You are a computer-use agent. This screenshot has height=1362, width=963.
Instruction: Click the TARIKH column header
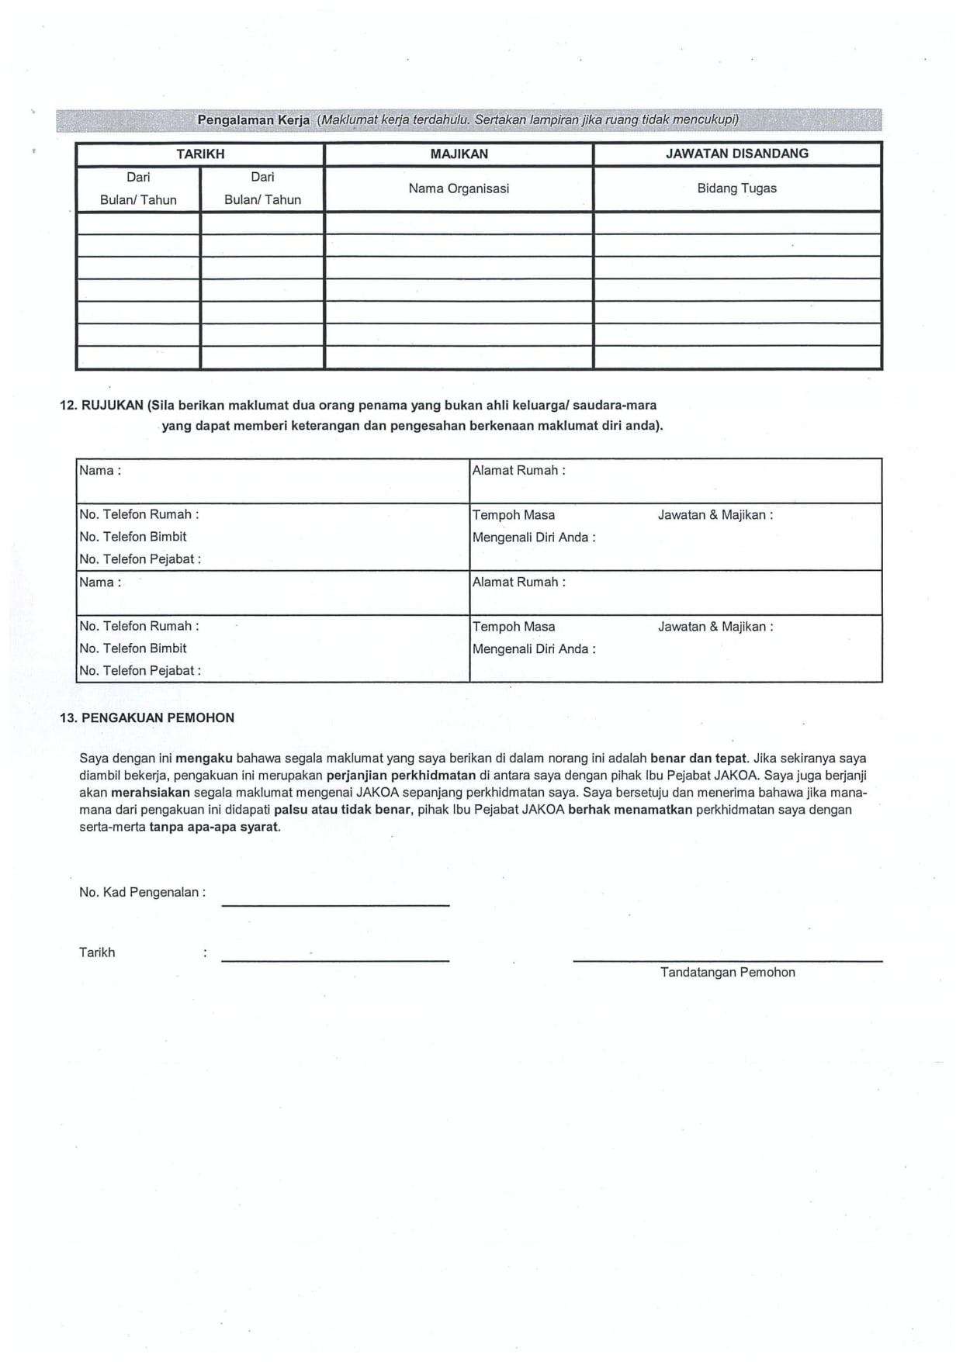[200, 154]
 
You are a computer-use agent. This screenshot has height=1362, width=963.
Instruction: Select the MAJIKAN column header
[459, 154]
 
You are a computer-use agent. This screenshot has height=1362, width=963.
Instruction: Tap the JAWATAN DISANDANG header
[736, 154]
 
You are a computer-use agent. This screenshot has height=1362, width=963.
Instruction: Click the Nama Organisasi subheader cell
[459, 188]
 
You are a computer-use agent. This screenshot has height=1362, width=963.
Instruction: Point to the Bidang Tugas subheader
[736, 188]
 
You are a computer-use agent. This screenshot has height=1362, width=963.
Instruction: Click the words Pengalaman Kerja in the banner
[254, 120]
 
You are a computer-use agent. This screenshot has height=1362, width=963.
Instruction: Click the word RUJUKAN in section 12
[113, 405]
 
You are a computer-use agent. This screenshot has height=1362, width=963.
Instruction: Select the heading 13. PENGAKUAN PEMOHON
[147, 717]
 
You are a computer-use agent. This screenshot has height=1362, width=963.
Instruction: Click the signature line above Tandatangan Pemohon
[727, 960]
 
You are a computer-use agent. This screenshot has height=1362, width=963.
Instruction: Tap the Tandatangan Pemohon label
[727, 973]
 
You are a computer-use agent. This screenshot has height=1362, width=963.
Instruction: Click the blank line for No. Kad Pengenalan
[335, 904]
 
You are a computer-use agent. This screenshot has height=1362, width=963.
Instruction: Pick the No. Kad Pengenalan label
[142, 893]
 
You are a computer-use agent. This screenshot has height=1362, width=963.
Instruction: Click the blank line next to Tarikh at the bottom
[335, 960]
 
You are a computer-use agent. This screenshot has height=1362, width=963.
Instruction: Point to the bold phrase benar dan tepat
[698, 759]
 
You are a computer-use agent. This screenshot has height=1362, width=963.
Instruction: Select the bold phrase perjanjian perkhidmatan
[400, 776]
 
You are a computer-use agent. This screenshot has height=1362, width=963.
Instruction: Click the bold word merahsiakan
[150, 793]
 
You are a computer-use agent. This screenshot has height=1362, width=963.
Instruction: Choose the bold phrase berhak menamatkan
[629, 810]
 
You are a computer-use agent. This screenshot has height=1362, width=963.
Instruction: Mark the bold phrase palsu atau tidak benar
[341, 810]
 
